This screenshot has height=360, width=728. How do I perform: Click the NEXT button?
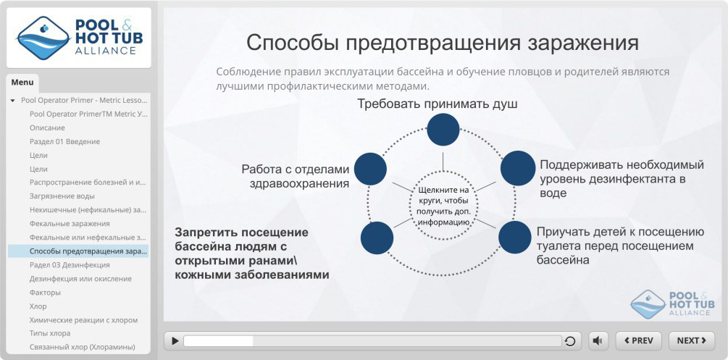point(691,340)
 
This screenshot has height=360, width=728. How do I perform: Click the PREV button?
point(638,340)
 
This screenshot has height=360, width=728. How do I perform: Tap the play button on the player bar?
point(174,340)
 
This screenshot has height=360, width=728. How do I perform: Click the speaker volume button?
point(598,340)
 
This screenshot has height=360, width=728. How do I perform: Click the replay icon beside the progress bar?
point(571,341)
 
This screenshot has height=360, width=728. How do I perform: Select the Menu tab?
point(22,83)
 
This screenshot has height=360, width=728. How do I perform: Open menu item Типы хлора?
point(50,333)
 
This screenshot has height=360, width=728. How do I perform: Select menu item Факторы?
point(45,293)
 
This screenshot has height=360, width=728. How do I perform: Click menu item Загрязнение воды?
point(62,196)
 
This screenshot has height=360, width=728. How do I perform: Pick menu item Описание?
point(47,127)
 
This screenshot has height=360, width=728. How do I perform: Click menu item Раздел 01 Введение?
point(64,141)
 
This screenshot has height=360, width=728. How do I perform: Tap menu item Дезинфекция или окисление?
point(80,279)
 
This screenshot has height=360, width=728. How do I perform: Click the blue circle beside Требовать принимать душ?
point(443,130)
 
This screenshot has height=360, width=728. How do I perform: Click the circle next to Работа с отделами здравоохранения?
point(369,168)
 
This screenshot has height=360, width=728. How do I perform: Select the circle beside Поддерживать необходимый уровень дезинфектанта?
point(517,167)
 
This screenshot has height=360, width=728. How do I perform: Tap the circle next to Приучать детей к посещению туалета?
point(515,237)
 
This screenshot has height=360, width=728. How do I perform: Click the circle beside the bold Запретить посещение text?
point(377,238)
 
